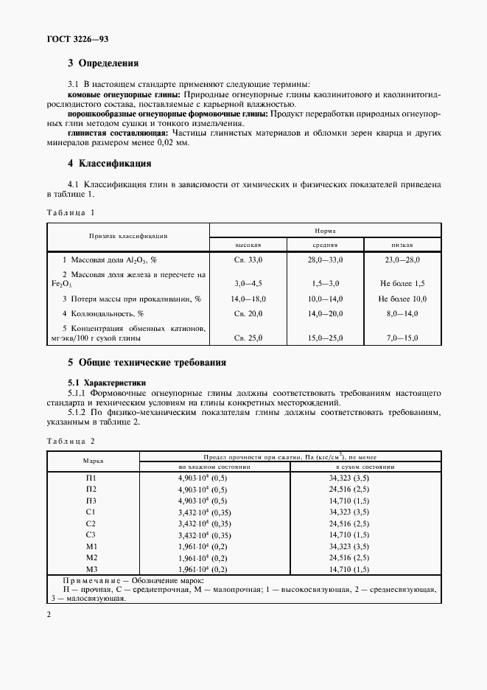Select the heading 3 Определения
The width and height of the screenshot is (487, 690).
pos(103,63)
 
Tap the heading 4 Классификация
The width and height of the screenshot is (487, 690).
pos(109,163)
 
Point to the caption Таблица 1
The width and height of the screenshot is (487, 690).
pos(71,212)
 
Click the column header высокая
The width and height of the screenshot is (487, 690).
pos(248,244)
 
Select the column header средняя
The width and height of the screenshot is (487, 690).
pos(325,244)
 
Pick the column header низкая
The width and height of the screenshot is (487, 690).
pos(402,244)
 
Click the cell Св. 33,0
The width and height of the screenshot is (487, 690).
pos(248,260)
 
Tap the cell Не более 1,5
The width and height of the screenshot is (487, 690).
pos(402,283)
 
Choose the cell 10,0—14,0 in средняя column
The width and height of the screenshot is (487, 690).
pos(325,299)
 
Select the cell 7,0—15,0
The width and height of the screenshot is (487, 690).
pos(402,338)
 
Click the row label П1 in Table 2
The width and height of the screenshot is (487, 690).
pos(91,478)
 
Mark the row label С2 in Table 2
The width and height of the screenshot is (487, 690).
pos(91,523)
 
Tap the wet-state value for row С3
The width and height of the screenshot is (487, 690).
pos(214,534)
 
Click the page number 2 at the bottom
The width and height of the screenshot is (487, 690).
pos(48,613)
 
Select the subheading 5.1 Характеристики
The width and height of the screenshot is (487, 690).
pos(107,383)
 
